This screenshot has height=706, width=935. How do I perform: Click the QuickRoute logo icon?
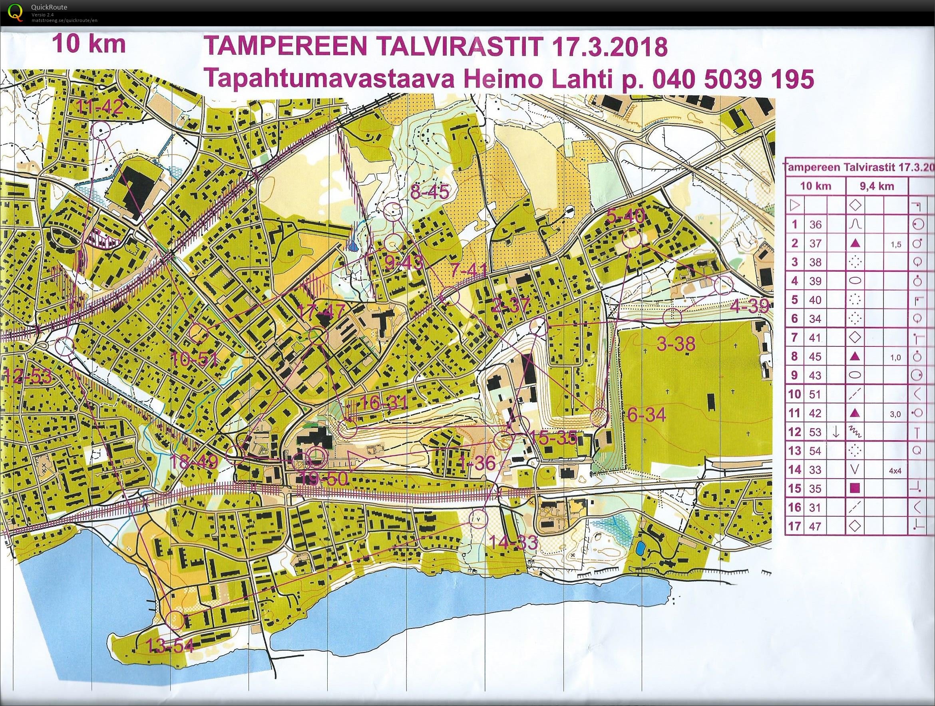16,12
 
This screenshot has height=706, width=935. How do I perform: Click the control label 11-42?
100,107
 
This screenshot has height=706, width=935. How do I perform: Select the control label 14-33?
513,543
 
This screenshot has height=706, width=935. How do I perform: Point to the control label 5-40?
626,217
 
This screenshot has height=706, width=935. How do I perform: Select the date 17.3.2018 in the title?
607,47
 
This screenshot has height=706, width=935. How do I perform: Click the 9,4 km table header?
877,187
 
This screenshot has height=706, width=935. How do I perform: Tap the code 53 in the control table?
816,432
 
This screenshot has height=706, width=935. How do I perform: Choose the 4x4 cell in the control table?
895,470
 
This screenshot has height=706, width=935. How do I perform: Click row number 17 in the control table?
795,526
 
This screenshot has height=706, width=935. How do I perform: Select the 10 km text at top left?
89,44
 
